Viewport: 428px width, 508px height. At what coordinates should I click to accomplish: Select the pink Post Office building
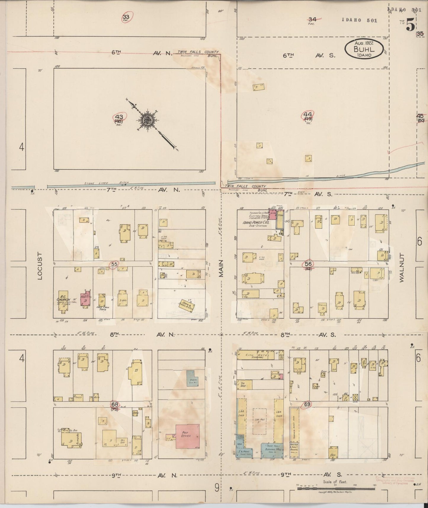click(x=187, y=436)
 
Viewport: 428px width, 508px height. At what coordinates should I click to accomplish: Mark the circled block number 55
click(x=114, y=264)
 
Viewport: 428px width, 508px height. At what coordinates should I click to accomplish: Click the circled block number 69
click(x=307, y=404)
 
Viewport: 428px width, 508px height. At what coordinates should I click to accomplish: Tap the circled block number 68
click(x=115, y=404)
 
